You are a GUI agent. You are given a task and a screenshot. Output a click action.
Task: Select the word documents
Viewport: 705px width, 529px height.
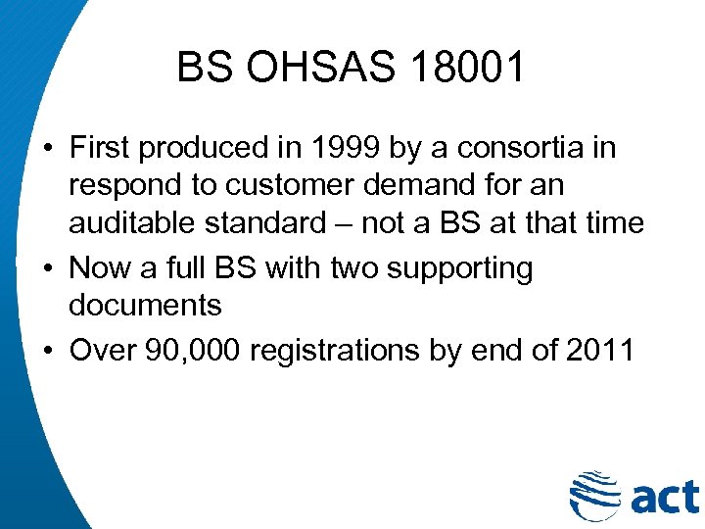point(145,305)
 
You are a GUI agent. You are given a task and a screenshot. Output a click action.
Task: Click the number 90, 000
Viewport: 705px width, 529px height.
point(193,350)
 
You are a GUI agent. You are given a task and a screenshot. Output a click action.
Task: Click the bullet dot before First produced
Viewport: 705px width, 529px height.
point(47,149)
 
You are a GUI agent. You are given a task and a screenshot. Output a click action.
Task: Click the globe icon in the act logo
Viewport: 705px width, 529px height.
point(593,495)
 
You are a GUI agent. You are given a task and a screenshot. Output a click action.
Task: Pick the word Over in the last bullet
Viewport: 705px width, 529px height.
point(102,350)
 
